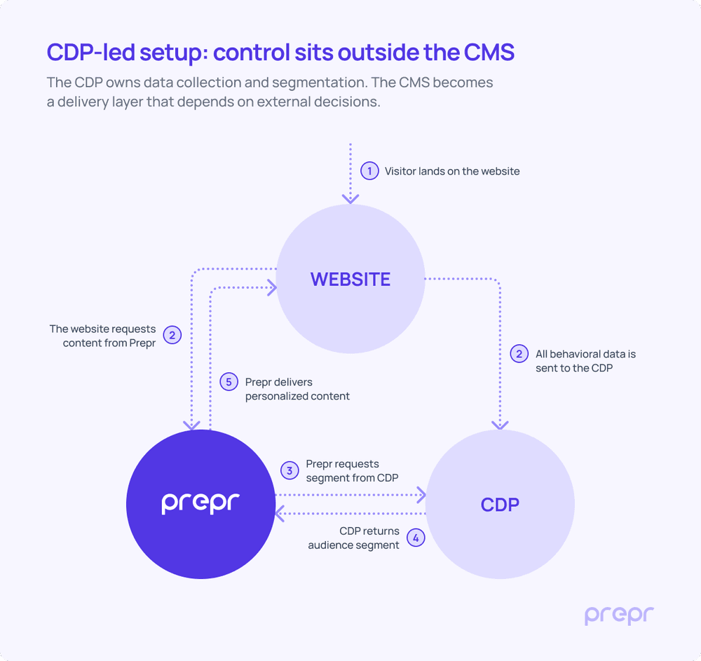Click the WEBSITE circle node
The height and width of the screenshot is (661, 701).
(350, 279)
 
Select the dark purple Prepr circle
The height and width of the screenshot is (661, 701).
(200, 503)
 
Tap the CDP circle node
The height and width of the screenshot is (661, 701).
(500, 505)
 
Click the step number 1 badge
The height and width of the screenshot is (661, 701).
(369, 171)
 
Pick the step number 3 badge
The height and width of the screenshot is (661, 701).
(290, 470)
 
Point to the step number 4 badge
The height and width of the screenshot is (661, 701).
(416, 538)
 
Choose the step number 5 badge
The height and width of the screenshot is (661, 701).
(229, 382)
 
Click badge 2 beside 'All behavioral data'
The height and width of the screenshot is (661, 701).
(519, 354)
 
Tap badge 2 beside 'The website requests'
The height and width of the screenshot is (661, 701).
(172, 335)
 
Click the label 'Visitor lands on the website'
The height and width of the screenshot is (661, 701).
(452, 171)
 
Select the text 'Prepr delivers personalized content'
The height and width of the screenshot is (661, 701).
(297, 389)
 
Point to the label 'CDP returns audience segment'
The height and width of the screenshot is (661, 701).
(355, 538)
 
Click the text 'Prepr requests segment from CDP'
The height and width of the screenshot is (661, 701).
(352, 470)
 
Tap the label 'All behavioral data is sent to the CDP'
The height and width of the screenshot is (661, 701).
(585, 360)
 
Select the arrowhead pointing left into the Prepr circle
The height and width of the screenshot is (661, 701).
(279, 514)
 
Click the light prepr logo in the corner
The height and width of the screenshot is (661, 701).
(619, 615)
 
